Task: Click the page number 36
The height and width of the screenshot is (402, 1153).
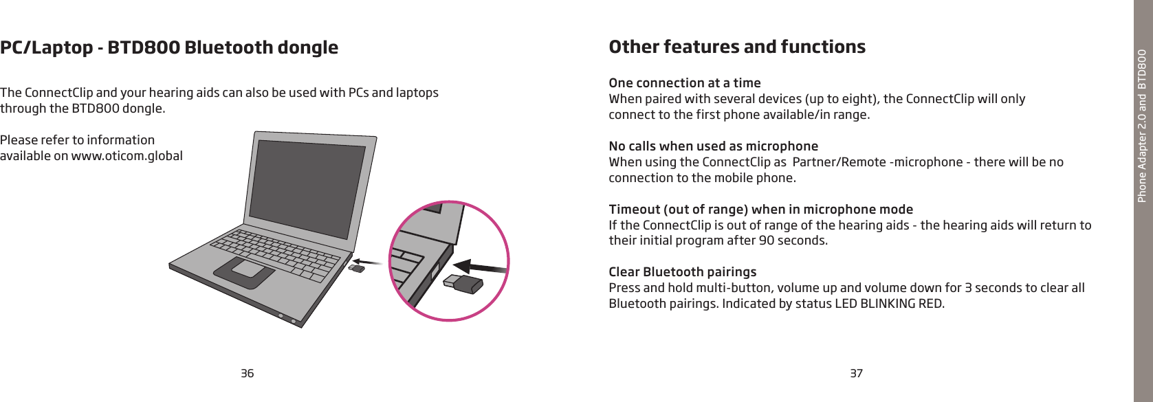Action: pos(247,373)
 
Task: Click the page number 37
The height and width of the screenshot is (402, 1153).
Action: pos(856,373)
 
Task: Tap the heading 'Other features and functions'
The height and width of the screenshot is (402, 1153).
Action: pos(737,47)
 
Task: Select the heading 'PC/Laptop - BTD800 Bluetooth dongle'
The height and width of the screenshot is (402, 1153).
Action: pos(169,47)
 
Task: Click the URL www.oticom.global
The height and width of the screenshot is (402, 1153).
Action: pos(127,156)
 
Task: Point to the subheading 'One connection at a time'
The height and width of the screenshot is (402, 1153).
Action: pos(685,83)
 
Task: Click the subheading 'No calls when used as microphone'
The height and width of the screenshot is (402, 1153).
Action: pos(714,146)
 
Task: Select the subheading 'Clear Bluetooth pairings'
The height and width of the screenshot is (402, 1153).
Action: pos(683,271)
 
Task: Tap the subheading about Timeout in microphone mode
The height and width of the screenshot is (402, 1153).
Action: pos(761,210)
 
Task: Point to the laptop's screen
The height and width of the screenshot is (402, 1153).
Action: pos(307,188)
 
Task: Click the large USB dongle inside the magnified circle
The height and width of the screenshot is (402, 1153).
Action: pos(463,284)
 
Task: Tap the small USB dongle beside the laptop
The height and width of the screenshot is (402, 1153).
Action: pos(356,268)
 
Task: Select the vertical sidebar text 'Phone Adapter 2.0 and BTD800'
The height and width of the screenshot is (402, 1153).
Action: pos(1142,126)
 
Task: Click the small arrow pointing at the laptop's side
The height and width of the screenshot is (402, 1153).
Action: pos(368,262)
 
